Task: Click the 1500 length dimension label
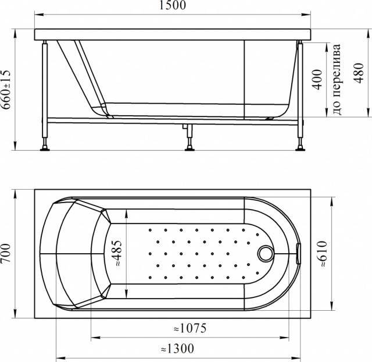(x=173, y=5)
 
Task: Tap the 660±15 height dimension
(x=6, y=90)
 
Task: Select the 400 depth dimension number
(x=317, y=80)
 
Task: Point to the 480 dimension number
(x=359, y=73)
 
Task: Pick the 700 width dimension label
(x=6, y=253)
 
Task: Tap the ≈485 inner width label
(x=118, y=253)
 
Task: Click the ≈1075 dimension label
(x=190, y=328)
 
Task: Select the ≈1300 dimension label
(x=177, y=349)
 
